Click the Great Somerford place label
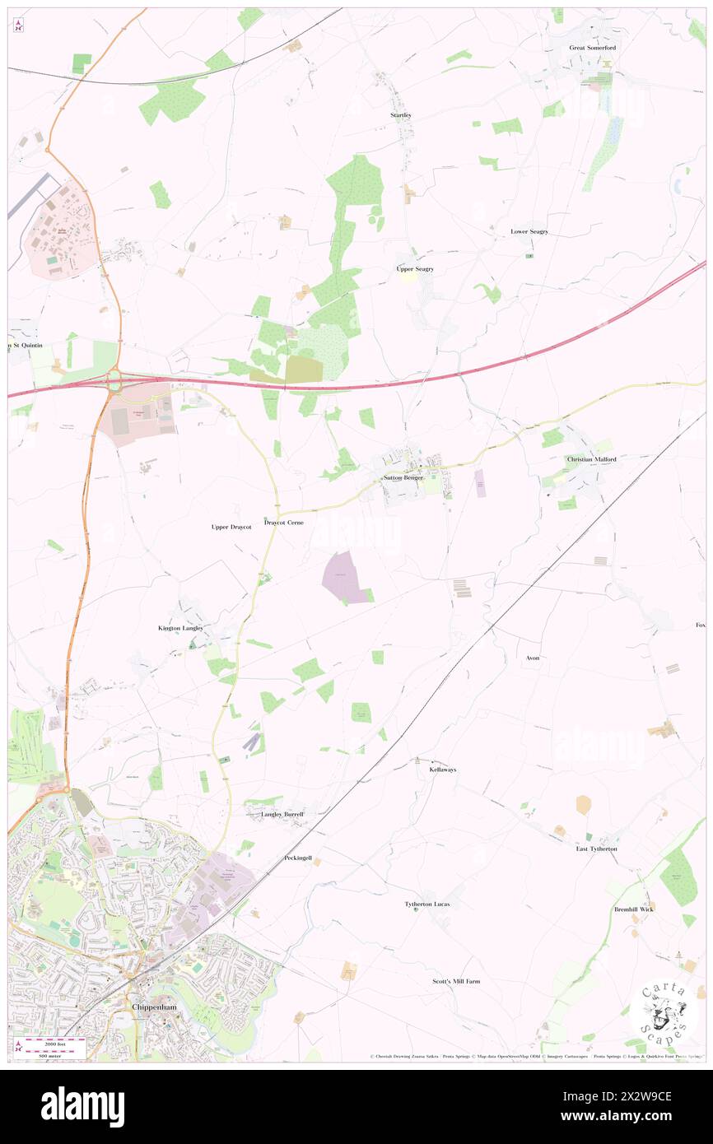click(592, 48)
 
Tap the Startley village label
click(401, 115)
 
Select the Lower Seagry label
click(529, 232)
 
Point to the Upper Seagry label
click(415, 269)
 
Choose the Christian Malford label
click(591, 459)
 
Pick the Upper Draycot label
click(231, 526)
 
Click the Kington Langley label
click(180, 628)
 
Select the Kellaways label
click(443, 770)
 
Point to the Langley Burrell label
click(277, 814)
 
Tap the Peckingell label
click(298, 858)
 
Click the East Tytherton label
click(596, 849)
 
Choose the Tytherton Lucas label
click(427, 905)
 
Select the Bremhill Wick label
click(633, 909)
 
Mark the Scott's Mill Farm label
click(456, 982)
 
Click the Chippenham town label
click(155, 1007)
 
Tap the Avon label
click(533, 658)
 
